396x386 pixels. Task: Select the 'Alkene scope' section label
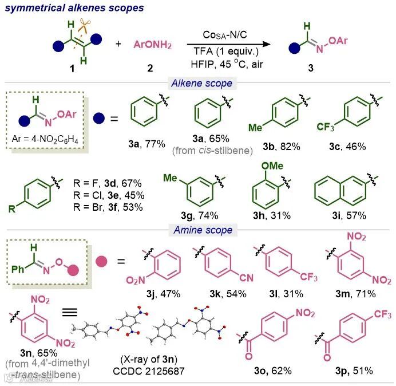pyautogui.click(x=202, y=84)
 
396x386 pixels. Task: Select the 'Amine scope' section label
pyautogui.click(x=203, y=230)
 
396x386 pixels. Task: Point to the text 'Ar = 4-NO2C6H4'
pyautogui.click(x=45, y=139)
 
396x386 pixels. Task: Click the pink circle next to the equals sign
pyautogui.click(x=94, y=263)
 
